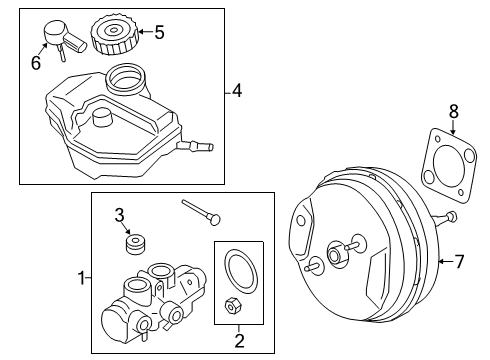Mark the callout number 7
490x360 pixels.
point(459,263)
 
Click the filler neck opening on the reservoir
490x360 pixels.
point(126,75)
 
